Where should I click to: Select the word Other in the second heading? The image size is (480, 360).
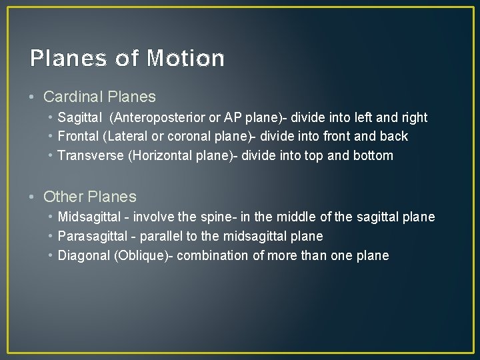62,197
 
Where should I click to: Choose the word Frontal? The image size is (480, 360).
78,137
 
